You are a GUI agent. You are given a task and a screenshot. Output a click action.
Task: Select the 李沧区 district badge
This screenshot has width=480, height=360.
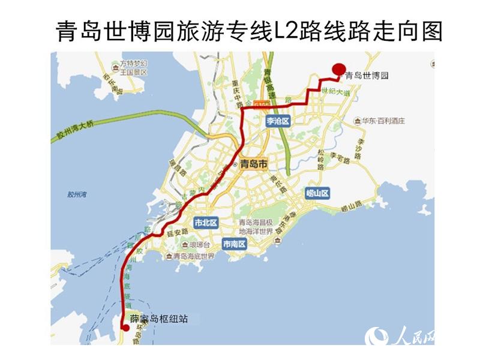[x=278, y=121]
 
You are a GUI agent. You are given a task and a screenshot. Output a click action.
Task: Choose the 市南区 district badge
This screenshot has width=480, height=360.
[x=234, y=244]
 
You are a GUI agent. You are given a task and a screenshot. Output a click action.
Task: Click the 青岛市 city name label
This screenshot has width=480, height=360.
[x=253, y=163]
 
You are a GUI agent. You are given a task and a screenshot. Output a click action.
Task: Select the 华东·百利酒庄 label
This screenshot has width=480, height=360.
[x=383, y=121]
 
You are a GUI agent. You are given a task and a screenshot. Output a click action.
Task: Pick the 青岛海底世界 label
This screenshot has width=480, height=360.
[x=193, y=256]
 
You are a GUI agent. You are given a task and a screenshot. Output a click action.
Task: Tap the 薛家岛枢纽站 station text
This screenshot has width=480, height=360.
[x=159, y=319]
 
